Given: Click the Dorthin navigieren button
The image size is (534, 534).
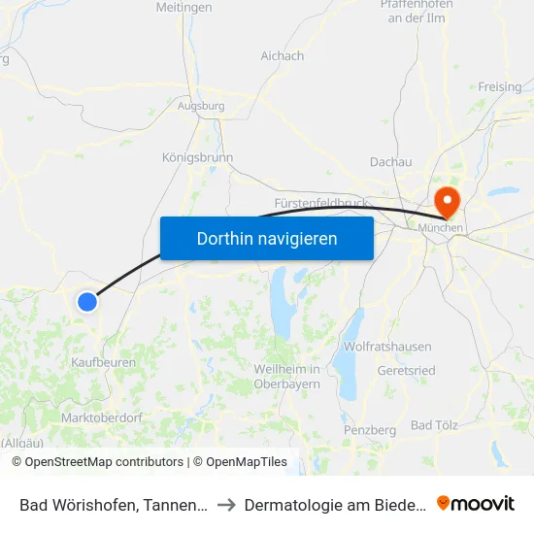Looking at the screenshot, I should coord(267,238).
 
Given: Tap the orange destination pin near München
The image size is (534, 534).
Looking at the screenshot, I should coord(447,202).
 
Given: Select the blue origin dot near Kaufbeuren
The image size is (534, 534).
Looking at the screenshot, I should coord(87,302).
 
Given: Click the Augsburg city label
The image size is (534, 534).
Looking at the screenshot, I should coord(201,106).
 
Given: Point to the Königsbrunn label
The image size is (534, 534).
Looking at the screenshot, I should coord(197,157).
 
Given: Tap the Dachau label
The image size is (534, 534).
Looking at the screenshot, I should coord(391,162).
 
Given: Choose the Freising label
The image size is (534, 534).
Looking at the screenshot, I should coord(499,87).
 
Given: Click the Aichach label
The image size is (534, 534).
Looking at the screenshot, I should coord(282,56).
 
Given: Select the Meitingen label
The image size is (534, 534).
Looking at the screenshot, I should coord(184,8).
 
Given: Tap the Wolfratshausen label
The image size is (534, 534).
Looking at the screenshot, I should coord(387,347).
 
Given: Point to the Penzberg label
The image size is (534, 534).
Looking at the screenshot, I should coord(370,429).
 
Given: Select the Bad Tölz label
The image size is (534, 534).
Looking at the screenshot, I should coord(433,425).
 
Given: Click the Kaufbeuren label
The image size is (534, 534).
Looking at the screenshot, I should coord(103,362).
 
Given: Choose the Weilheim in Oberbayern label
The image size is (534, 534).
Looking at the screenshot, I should coord(286,377).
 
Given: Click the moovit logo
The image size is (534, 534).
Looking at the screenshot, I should coord(476,503).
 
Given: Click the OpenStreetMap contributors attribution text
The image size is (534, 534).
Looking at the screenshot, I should coord(104,462).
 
